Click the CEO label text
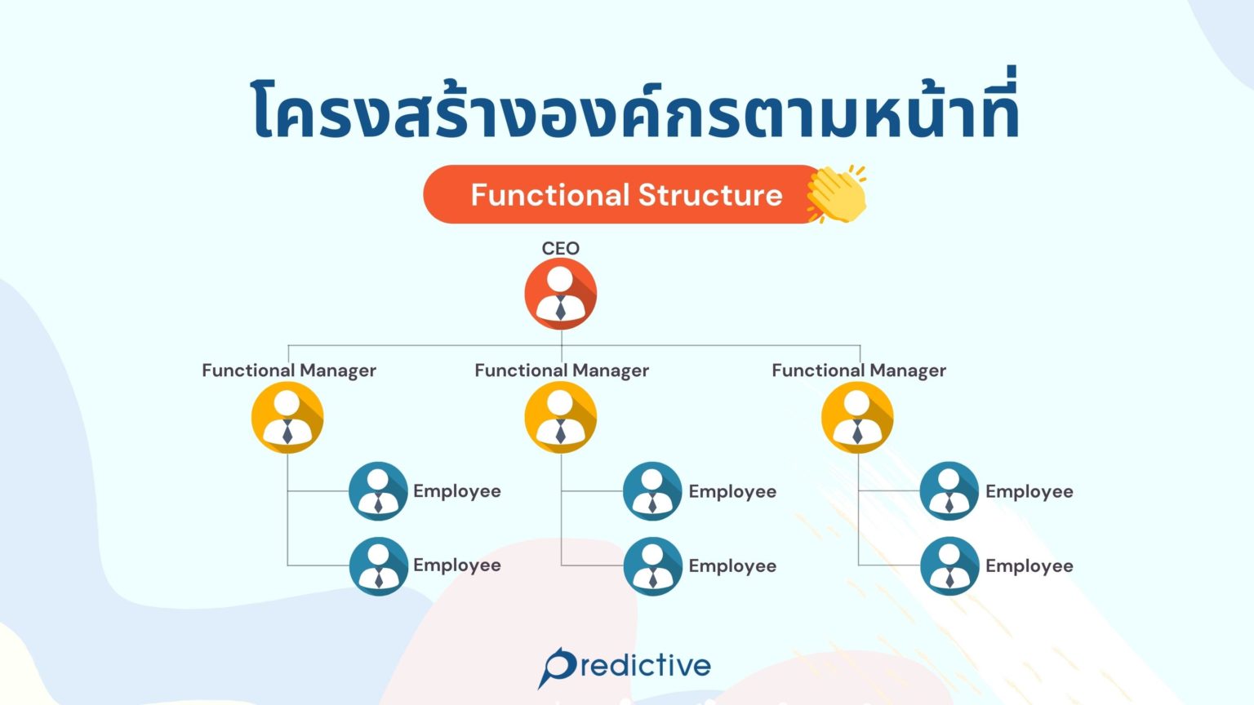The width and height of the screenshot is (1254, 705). coord(560,248)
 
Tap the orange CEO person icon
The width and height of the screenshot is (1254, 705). coord(560,294)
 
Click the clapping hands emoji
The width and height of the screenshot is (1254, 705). coord(837,194)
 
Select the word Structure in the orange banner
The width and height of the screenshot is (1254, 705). coord(710,195)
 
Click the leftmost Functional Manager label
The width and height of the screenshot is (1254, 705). coord(289,370)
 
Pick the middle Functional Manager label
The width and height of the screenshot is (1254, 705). coord(562,370)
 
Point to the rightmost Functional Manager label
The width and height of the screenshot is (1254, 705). coord(859,370)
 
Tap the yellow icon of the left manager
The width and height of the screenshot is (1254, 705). coord(287,418)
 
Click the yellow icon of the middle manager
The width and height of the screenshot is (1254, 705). coord(560,418)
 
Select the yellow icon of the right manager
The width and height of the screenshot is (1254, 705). coord(857,418)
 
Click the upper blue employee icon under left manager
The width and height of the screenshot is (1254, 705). coord(378,491)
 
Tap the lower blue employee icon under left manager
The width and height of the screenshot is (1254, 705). coord(378,565)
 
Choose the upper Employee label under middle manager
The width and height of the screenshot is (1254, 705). coord(732,491)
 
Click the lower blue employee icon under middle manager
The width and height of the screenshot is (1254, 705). coord(652,566)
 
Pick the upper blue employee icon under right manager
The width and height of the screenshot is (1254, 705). coord(949,491)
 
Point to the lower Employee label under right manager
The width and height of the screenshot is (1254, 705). coord(1029,565)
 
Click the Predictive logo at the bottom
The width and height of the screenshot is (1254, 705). coord(625,667)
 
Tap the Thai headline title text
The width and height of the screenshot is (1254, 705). coord(635,111)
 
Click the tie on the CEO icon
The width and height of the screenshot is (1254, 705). coord(560,308)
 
